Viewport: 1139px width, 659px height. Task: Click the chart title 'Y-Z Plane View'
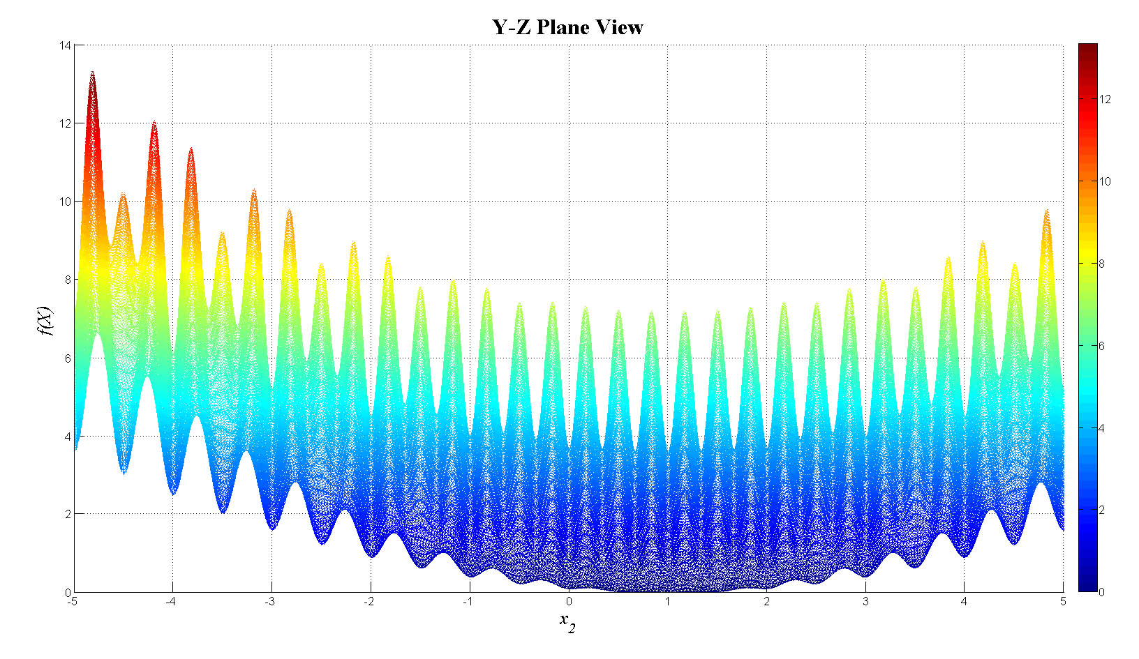(x=567, y=27)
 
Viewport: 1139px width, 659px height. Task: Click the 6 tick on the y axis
(x=67, y=358)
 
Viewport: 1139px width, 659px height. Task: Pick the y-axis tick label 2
(x=67, y=514)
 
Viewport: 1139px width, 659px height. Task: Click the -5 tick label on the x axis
(x=72, y=602)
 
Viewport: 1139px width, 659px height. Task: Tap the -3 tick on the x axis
(x=270, y=602)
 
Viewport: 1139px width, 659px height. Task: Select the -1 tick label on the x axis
(x=468, y=602)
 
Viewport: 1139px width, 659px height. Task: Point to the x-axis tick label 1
(x=667, y=602)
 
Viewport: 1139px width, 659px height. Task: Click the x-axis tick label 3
(x=865, y=602)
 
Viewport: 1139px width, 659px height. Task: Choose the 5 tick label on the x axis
(x=1063, y=602)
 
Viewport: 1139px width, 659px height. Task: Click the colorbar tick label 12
(x=1105, y=99)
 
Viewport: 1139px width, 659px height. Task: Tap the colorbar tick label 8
(x=1102, y=264)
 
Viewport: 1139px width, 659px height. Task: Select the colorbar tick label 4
(x=1102, y=427)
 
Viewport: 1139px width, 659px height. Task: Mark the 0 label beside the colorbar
(x=1102, y=592)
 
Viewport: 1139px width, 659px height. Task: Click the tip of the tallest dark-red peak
(x=92, y=72)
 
